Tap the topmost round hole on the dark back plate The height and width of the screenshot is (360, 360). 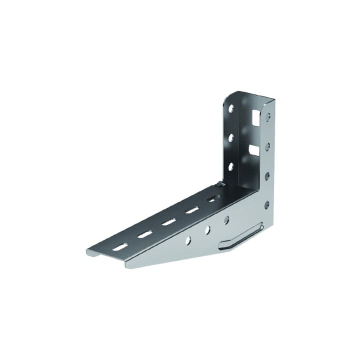click(x=230, y=108)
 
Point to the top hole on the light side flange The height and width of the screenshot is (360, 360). click(x=268, y=116)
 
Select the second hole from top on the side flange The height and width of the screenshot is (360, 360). click(x=268, y=145)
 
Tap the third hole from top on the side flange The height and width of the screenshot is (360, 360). click(x=267, y=175)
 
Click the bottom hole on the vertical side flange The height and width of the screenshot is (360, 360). click(x=267, y=204)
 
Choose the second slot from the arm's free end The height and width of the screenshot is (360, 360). click(x=145, y=233)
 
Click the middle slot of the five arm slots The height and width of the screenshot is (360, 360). click(x=168, y=222)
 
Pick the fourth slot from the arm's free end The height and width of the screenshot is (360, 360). click(x=191, y=210)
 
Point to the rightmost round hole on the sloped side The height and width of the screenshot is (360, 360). click(x=226, y=218)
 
